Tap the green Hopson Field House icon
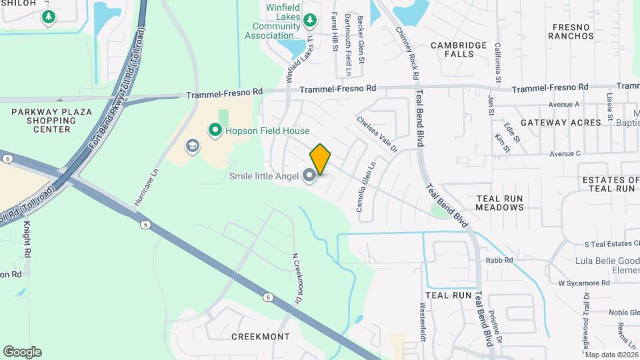(x=215, y=131)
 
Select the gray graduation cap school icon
(x=193, y=146)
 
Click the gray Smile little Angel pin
(x=309, y=176)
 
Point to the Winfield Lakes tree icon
(x=309, y=21)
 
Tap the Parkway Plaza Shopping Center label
(x=51, y=120)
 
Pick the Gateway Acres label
(x=561, y=123)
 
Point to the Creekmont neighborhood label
(x=261, y=337)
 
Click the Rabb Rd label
(x=499, y=261)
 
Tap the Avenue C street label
(x=565, y=154)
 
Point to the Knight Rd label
(x=28, y=241)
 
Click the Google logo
(x=22, y=352)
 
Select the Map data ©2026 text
(x=611, y=355)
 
